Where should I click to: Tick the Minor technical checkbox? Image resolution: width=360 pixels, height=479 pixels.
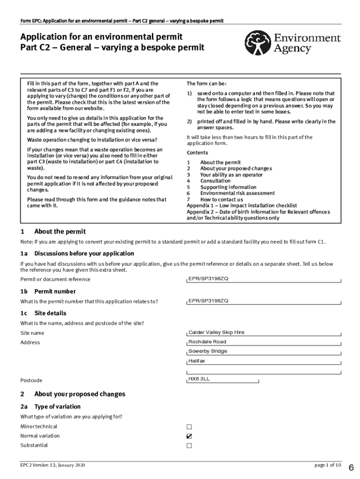(189, 427)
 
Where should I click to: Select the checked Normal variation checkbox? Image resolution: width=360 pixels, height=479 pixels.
(189, 436)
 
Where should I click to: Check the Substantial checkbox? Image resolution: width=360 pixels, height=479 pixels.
(189, 445)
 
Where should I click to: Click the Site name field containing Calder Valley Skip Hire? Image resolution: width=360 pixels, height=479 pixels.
(264, 333)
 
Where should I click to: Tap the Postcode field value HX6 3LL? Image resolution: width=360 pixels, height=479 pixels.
(222, 379)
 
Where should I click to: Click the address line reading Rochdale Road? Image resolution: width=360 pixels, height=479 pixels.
(264, 342)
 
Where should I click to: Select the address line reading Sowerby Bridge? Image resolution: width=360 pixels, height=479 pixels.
(264, 351)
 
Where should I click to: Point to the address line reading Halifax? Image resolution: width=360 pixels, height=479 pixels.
(264, 361)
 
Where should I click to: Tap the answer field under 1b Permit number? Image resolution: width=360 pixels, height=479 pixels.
(264, 301)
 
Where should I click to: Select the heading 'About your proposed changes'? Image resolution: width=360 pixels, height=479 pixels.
(79, 394)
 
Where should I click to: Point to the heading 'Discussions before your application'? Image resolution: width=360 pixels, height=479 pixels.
(84, 254)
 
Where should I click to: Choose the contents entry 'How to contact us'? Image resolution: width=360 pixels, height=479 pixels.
(222, 199)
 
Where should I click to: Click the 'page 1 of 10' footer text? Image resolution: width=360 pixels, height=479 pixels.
(328, 465)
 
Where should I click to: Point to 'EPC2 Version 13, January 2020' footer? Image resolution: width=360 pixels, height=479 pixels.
(53, 465)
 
